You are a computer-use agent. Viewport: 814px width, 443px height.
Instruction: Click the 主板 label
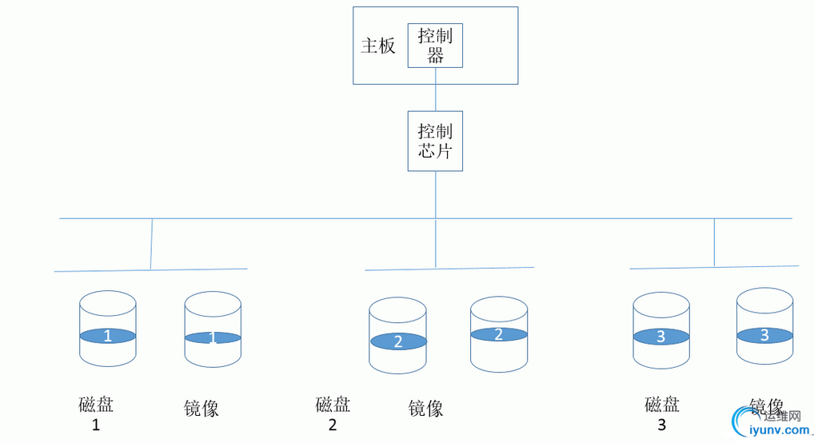[378, 46]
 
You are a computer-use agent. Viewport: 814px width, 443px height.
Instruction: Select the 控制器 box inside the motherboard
[436, 46]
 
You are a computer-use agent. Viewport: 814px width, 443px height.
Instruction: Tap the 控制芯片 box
[436, 141]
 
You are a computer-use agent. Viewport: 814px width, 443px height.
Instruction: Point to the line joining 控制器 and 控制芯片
[436, 90]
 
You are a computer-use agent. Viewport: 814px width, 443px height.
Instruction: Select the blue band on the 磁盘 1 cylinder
[108, 336]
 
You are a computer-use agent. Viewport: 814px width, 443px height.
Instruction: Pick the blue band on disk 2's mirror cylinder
[499, 334]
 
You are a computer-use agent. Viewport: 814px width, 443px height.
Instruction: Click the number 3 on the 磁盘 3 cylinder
[660, 337]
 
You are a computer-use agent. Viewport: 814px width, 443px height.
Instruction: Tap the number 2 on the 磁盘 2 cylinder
[398, 341]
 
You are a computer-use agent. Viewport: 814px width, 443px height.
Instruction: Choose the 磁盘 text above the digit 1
[96, 405]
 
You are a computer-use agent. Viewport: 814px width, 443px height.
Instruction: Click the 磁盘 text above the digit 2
[333, 405]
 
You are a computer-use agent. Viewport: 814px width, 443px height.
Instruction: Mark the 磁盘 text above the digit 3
[662, 405]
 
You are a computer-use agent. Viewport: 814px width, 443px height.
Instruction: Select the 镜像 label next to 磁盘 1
[202, 409]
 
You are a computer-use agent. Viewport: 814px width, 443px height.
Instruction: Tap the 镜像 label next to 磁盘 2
[425, 409]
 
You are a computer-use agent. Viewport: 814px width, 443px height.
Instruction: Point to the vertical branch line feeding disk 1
[151, 243]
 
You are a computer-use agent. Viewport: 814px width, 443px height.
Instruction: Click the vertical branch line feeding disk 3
[714, 241]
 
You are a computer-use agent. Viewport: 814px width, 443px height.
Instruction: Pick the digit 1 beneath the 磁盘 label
[96, 425]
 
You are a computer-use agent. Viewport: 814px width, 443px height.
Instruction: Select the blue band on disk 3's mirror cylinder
[764, 335]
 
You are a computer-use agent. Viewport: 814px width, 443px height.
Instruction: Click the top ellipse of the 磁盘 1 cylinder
[108, 303]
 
